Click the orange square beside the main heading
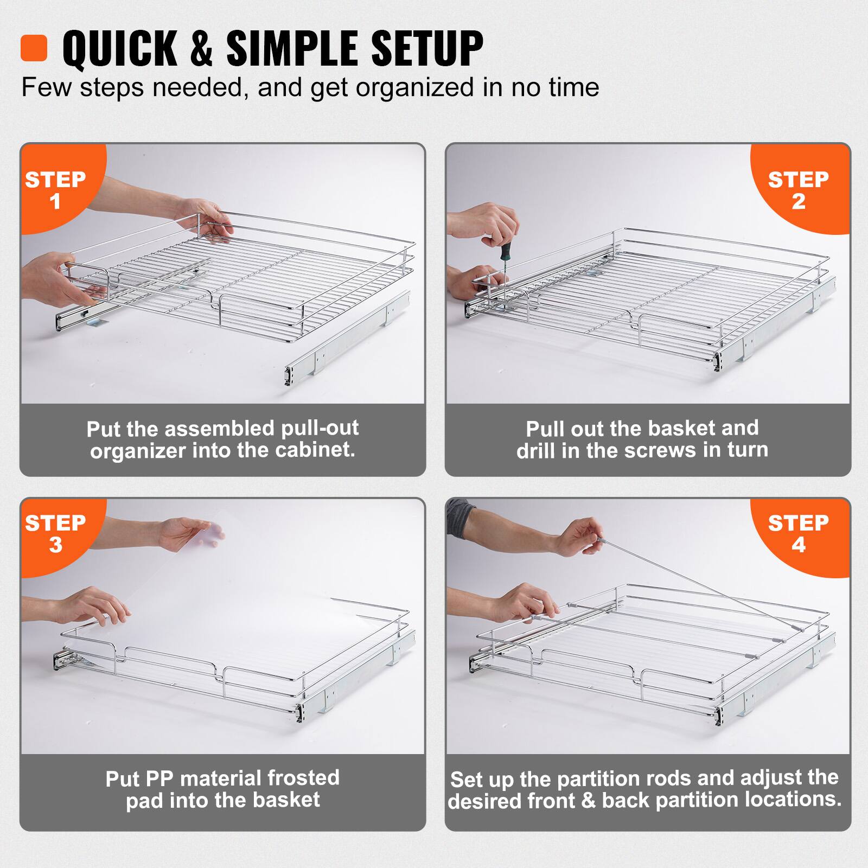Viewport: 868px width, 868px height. (34, 48)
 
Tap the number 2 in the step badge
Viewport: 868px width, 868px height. (799, 202)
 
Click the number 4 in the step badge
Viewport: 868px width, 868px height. (799, 545)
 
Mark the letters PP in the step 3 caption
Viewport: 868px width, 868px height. (159, 778)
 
